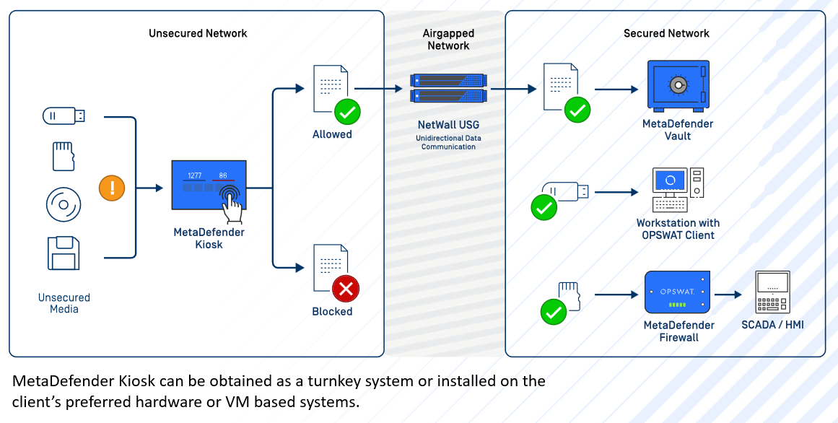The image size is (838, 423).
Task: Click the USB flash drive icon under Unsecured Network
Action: [64, 115]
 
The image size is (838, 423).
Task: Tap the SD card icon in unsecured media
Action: [64, 156]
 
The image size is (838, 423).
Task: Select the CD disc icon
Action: [64, 204]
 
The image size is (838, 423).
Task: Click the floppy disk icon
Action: [63, 253]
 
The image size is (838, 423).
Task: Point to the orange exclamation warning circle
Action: [112, 189]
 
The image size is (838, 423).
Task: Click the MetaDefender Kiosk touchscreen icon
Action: [209, 188]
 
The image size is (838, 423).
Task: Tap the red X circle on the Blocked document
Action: [346, 289]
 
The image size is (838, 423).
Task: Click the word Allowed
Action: [332, 134]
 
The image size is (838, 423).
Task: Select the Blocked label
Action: [332, 312]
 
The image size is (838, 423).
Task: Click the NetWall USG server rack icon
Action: [448, 88]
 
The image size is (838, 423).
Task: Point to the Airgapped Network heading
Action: [448, 40]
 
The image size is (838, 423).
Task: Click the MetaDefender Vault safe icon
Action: [677, 87]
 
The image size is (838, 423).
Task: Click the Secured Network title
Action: [666, 33]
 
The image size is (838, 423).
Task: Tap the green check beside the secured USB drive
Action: [543, 208]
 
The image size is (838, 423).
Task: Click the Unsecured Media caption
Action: [64, 303]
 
